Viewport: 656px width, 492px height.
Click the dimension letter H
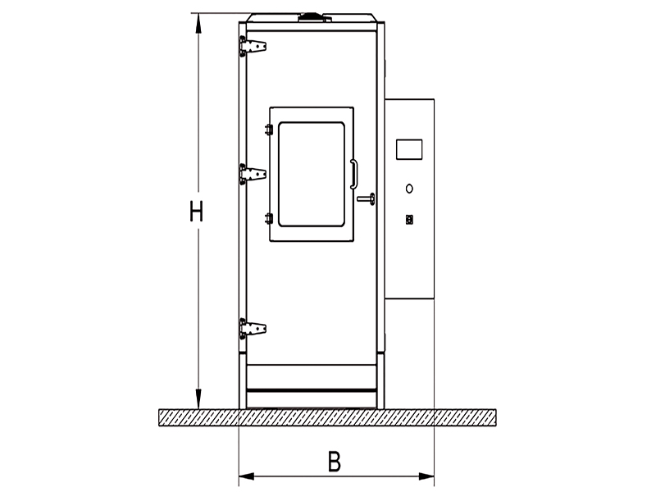pyautogui.click(x=196, y=212)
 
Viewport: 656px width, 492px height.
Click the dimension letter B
pyautogui.click(x=334, y=462)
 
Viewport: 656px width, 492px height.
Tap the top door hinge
pyautogui.click(x=253, y=46)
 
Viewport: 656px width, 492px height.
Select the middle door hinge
pyautogui.click(x=253, y=174)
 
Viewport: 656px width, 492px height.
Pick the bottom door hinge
pyautogui.click(x=253, y=329)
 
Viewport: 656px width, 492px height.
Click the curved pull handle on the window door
pyautogui.click(x=354, y=174)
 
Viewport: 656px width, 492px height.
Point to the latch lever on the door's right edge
pyautogui.click(x=366, y=199)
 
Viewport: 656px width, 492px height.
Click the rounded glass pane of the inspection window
pyautogui.click(x=312, y=175)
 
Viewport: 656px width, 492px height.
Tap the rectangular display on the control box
pyautogui.click(x=409, y=149)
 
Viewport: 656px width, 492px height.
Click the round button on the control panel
pyautogui.click(x=409, y=189)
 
